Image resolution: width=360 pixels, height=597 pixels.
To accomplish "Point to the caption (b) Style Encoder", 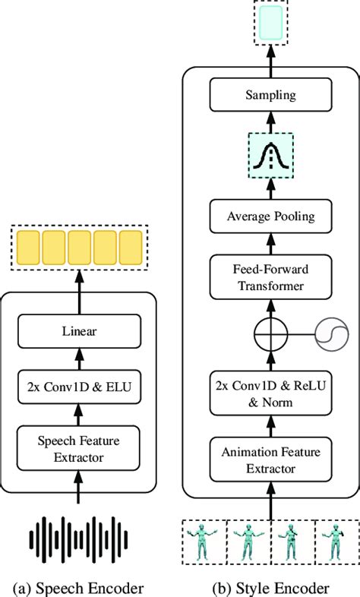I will (x=270, y=588).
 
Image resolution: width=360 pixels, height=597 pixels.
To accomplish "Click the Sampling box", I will (x=270, y=96).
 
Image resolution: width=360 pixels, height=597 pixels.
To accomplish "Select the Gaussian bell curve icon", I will (x=270, y=156).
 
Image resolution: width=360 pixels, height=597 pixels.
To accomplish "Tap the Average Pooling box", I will (x=270, y=217).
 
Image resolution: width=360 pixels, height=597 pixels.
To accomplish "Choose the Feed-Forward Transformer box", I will (x=270, y=278).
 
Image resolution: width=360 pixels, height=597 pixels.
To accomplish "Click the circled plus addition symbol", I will (x=270, y=333).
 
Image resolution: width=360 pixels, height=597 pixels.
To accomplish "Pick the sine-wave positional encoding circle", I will (x=331, y=333).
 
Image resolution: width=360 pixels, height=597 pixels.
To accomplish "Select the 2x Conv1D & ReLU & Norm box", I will (x=270, y=393).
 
